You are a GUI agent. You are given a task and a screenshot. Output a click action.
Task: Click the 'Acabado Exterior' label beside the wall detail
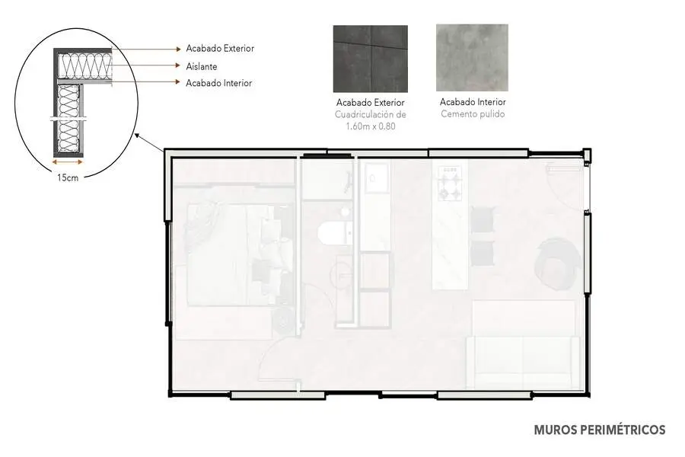click(220, 49)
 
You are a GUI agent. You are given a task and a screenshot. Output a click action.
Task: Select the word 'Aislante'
click(202, 66)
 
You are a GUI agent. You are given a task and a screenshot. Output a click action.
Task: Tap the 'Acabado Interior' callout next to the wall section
click(219, 83)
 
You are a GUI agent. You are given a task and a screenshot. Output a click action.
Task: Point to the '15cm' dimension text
click(68, 177)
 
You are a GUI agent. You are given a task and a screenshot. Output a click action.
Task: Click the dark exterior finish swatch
click(371, 59)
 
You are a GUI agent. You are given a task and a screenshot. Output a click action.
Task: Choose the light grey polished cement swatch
click(472, 58)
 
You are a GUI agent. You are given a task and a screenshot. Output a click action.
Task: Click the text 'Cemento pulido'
click(473, 114)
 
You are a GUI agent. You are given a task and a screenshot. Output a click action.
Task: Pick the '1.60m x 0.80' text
click(371, 126)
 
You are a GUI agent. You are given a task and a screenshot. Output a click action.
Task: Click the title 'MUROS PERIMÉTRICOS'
click(600, 430)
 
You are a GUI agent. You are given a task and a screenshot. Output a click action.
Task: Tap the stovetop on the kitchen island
click(450, 183)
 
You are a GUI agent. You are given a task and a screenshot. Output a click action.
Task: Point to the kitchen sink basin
click(377, 178)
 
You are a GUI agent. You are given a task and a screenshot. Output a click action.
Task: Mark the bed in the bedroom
click(234, 255)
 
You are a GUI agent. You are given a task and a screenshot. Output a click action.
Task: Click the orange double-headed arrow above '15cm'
click(67, 162)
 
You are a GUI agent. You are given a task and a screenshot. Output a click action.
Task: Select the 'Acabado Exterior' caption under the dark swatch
click(371, 103)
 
